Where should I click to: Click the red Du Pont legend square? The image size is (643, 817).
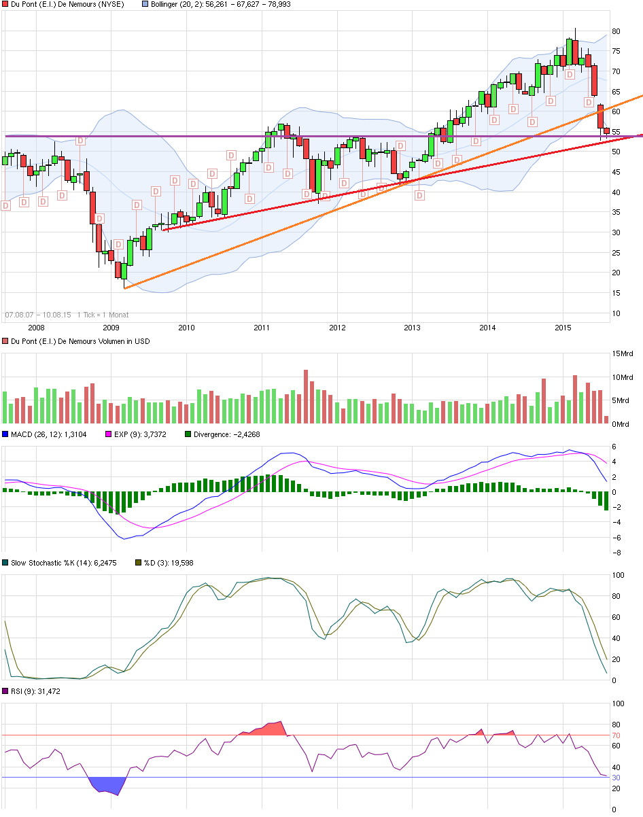(x=5, y=4)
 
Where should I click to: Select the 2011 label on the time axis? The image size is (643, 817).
(x=262, y=328)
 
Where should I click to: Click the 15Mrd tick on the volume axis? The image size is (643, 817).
(x=623, y=353)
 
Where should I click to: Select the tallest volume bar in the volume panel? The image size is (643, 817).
(x=306, y=397)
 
